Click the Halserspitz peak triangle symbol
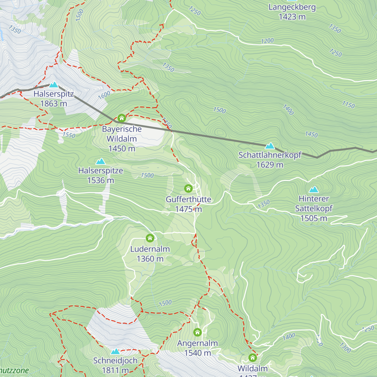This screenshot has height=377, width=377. click(54, 85)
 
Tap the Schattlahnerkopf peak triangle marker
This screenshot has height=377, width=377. click(270, 146)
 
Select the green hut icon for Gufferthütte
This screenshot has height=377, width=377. click(188, 188)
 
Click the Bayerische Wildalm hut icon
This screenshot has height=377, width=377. click(122, 118)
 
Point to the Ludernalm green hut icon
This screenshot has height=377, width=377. click(150, 238)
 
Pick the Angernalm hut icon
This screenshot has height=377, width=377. click(197, 332)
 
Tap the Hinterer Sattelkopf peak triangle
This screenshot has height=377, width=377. click(314, 189)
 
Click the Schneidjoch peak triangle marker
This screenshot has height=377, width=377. click(115, 351)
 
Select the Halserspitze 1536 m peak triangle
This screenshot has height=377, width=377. click(101, 161)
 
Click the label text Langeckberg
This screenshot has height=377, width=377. click(292, 7)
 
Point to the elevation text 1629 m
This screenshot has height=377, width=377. click(270, 165)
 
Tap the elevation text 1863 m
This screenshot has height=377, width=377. click(53, 103)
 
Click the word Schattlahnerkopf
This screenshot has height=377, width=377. click(270, 155)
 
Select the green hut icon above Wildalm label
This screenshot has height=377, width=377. click(253, 358)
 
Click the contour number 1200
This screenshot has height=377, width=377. click(267, 41)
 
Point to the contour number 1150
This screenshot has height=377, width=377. click(348, 105)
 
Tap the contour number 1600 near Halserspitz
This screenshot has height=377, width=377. click(104, 95)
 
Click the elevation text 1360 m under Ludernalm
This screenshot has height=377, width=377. click(150, 259)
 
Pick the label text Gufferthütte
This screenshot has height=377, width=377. click(188, 199)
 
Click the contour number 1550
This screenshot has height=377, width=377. click(69, 135)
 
